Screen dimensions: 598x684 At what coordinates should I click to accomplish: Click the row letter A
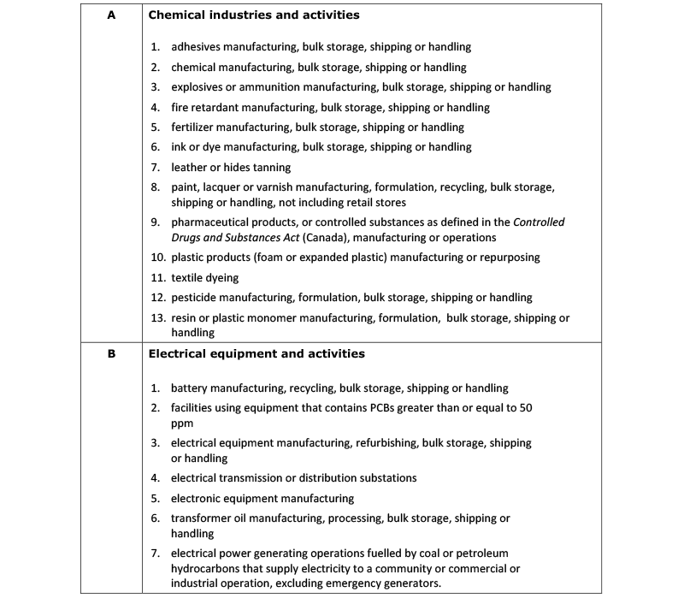point(111,15)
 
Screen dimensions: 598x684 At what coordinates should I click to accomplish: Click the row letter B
point(111,353)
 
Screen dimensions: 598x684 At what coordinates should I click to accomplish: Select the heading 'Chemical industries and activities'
point(254,15)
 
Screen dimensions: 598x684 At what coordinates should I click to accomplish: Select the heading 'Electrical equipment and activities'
point(256,353)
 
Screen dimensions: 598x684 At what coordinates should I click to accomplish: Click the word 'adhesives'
point(196,47)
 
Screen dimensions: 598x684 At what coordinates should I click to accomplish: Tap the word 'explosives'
point(198,87)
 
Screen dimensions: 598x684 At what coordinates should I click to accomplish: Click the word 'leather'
point(190,168)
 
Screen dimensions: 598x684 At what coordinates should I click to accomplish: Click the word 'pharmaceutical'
point(209,222)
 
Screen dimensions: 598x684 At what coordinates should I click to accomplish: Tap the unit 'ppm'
point(182,423)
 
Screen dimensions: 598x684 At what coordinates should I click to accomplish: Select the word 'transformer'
point(203,518)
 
